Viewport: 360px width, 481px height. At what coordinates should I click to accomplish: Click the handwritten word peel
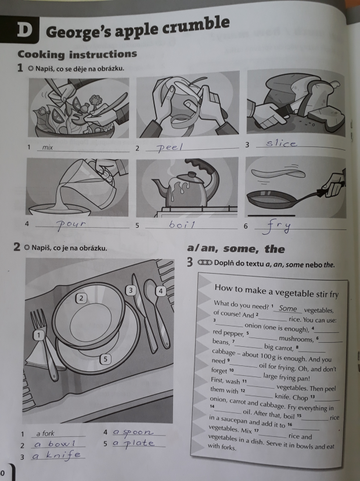pyautogui.click(x=170, y=148)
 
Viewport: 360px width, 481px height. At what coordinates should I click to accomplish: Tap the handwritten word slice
pyautogui.click(x=281, y=143)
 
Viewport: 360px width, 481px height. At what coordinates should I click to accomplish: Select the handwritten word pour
pyautogui.click(x=72, y=225)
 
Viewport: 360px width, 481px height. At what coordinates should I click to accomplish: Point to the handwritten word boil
pyautogui.click(x=182, y=225)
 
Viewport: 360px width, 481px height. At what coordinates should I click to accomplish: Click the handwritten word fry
pyautogui.click(x=276, y=227)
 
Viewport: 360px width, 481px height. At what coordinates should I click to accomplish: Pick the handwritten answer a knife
pyautogui.click(x=57, y=455)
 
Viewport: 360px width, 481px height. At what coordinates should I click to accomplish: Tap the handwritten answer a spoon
pyautogui.click(x=133, y=433)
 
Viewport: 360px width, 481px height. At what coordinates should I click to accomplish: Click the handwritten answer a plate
pyautogui.click(x=133, y=443)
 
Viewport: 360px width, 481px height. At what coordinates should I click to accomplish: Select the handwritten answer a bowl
pyautogui.click(x=55, y=444)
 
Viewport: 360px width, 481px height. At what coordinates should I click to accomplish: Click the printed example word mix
pyautogui.click(x=48, y=147)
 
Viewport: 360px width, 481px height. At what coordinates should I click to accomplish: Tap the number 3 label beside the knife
pyautogui.click(x=131, y=290)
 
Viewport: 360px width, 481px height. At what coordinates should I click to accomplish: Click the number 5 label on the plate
pyautogui.click(x=105, y=359)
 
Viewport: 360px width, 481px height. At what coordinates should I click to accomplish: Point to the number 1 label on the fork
pyautogui.click(x=39, y=335)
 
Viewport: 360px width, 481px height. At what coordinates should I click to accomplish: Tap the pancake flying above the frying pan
pyautogui.click(x=278, y=174)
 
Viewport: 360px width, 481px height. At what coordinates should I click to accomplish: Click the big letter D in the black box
pyautogui.click(x=24, y=30)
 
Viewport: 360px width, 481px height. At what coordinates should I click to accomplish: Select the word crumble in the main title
pyautogui.click(x=196, y=26)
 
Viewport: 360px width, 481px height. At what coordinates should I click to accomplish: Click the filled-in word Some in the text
pyautogui.click(x=288, y=308)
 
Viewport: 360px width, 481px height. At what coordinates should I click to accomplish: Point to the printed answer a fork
pyautogui.click(x=45, y=433)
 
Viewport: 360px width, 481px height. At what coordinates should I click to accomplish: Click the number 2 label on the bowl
pyautogui.click(x=81, y=298)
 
